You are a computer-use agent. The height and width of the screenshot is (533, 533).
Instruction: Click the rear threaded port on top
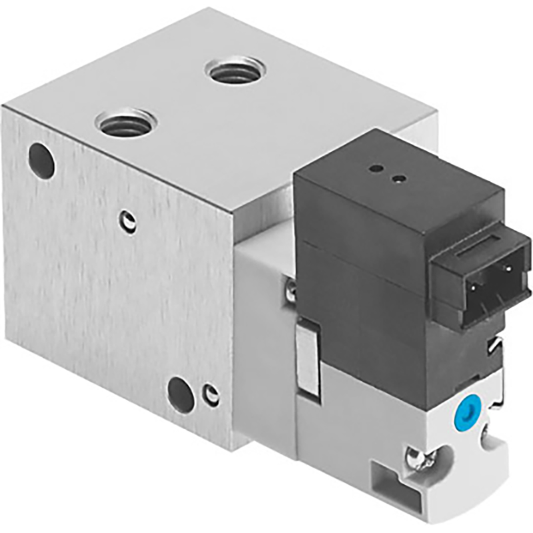click(235, 69)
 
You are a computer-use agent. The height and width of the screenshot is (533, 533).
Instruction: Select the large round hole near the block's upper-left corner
click(41, 160)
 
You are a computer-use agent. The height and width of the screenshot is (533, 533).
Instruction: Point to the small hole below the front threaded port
click(128, 222)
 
